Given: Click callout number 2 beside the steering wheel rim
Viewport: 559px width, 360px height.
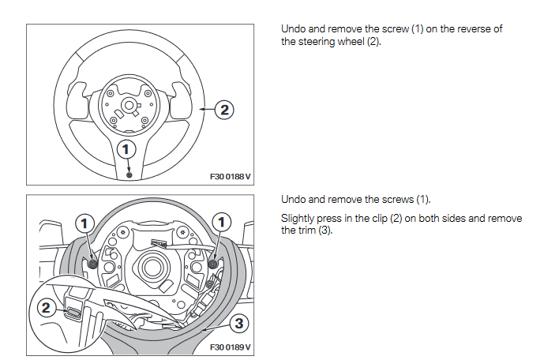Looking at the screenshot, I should [224, 110].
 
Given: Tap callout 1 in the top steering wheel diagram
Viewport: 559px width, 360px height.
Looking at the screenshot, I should [126, 148].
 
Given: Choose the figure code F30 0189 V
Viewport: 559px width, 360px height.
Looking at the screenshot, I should [230, 347].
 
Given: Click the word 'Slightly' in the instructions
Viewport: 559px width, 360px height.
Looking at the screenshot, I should [299, 218].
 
